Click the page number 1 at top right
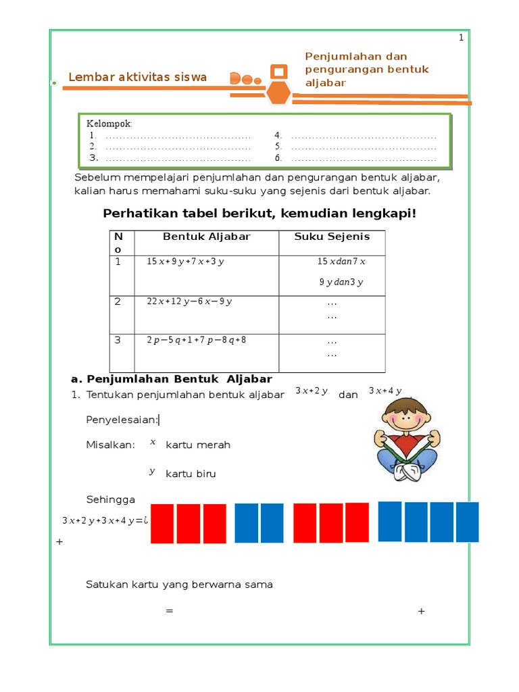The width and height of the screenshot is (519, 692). click(x=462, y=39)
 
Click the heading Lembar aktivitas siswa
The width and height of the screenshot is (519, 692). click(x=137, y=77)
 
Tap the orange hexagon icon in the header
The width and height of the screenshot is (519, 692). click(x=278, y=93)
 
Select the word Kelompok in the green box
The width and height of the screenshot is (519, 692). click(x=109, y=123)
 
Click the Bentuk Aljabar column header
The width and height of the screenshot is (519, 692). click(x=206, y=237)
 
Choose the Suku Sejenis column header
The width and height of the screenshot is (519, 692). click(x=332, y=237)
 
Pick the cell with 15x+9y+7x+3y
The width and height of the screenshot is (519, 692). click(x=185, y=262)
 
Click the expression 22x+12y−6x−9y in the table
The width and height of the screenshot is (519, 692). click(x=189, y=301)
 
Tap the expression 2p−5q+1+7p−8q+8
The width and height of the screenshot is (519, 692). click(x=197, y=340)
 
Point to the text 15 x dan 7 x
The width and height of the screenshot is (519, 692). click(x=341, y=262)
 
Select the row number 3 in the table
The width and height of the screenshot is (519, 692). click(x=118, y=340)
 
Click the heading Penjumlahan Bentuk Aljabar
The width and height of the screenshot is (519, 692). click(x=172, y=378)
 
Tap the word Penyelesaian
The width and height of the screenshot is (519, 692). click(x=122, y=420)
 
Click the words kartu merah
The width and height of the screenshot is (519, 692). click(x=198, y=445)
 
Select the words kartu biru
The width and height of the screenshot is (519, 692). click(x=191, y=474)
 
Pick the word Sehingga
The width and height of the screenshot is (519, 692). click(x=111, y=499)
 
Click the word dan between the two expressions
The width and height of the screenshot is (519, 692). click(x=348, y=395)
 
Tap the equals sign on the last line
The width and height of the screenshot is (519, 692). click(x=170, y=611)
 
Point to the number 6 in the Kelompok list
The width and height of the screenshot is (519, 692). click(x=278, y=158)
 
